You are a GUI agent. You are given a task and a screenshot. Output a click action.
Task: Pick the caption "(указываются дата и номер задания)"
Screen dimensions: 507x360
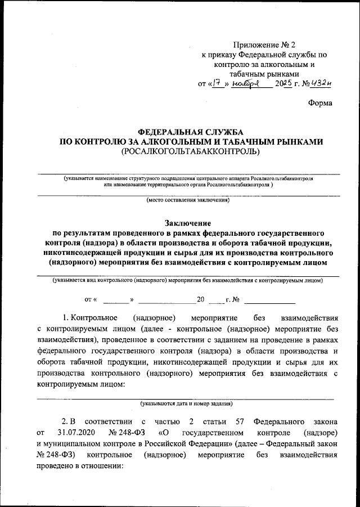[187, 403]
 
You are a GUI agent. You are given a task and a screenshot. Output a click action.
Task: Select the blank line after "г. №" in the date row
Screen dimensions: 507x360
[258, 300]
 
